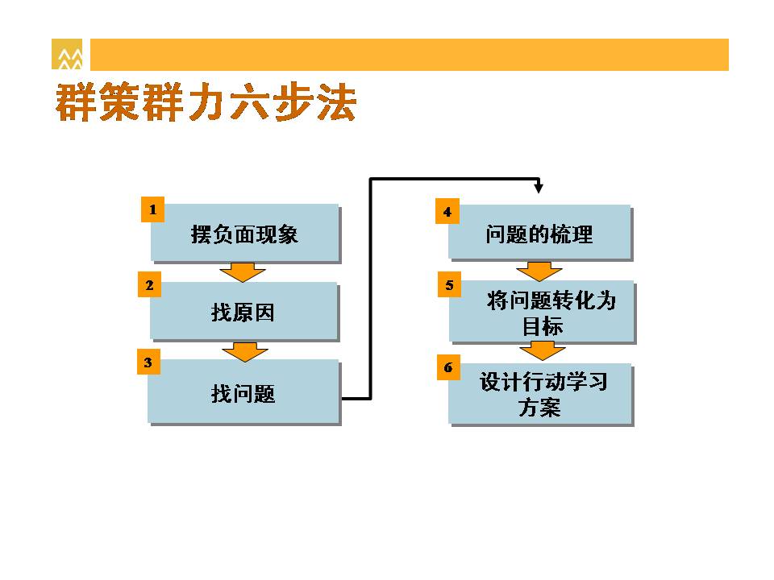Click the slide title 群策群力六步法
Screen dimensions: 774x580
pos(206,102)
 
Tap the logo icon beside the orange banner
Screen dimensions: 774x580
pos(67,54)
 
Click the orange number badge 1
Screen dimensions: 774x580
pos(152,209)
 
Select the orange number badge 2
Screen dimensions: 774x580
pos(150,284)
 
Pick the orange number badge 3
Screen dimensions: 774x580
pos(148,362)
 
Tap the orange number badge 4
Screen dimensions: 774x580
pos(447,212)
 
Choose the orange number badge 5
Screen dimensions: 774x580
pos(449,284)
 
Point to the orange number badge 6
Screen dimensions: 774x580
pos(448,367)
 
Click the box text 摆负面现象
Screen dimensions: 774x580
pos(244,234)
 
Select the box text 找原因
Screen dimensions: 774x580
pos(243,313)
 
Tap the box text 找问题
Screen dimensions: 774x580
pos(243,394)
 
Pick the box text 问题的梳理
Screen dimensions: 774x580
pos(539,234)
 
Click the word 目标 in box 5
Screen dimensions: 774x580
pos(543,326)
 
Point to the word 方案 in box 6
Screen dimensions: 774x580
pos(539,408)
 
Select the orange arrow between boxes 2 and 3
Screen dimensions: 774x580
pos(245,352)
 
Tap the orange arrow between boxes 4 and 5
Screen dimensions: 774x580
pos(539,271)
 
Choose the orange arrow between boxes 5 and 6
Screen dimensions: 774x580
pos(543,350)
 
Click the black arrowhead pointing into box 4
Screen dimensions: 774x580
pos(539,188)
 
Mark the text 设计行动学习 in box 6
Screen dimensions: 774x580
pos(543,381)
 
